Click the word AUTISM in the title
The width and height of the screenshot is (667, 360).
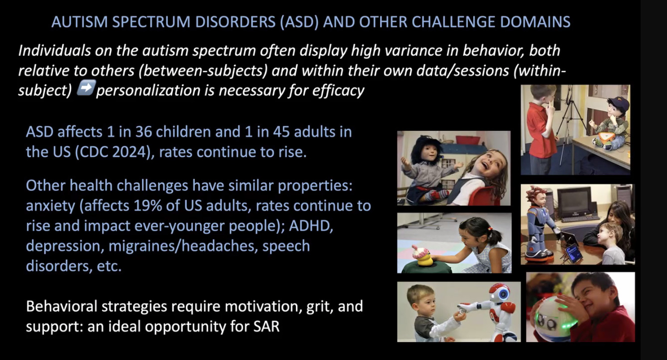(x=80, y=22)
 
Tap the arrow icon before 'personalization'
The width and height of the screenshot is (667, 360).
(x=86, y=88)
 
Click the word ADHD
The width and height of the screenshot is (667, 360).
(x=311, y=226)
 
